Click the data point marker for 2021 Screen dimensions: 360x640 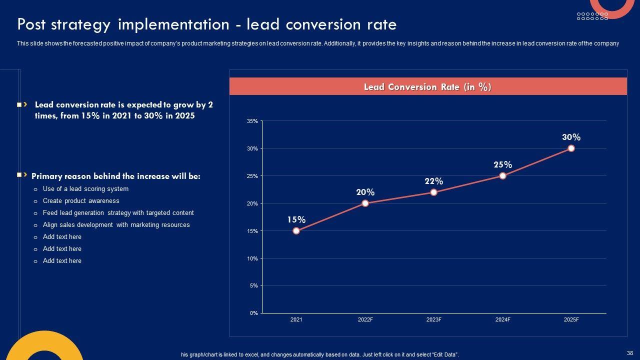(296, 231)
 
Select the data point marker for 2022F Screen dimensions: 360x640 (365, 203)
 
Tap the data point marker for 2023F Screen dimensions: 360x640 (433, 192)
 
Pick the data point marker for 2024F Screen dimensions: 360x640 (502, 176)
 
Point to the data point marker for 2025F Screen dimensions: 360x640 (571, 148)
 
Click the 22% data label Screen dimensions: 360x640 (433, 181)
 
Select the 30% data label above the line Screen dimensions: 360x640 (571, 137)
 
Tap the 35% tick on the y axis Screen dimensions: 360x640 (252, 121)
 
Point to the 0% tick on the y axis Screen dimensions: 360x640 (253, 313)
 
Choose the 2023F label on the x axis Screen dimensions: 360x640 (433, 320)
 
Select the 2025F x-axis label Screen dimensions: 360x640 (571, 320)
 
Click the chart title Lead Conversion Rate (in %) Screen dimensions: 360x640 (427, 87)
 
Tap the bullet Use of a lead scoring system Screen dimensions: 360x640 (85, 189)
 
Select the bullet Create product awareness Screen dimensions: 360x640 (81, 201)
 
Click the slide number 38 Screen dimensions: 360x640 (629, 353)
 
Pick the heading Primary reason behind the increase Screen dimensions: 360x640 (115, 176)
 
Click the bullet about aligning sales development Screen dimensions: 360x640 (116, 225)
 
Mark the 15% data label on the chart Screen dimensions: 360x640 (296, 220)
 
